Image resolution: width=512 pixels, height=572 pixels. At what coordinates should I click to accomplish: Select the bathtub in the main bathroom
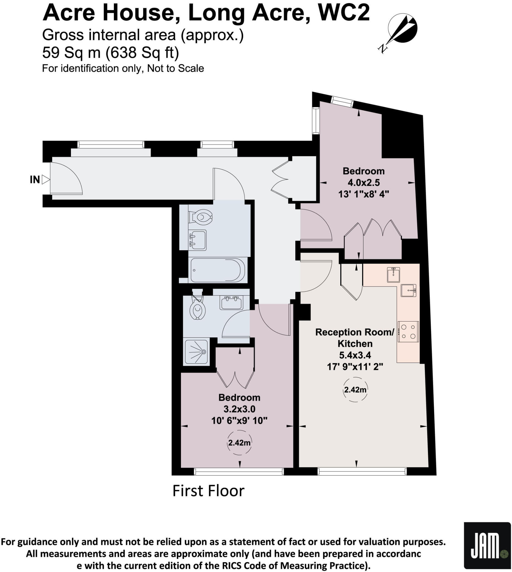(x=218, y=270)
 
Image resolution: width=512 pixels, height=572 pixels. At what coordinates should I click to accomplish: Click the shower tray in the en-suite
(x=196, y=352)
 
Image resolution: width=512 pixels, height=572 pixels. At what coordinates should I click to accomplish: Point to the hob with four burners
(x=408, y=332)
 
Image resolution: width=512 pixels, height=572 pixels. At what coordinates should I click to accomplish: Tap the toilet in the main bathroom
(x=201, y=217)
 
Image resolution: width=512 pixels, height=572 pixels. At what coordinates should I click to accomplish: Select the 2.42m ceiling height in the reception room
(x=355, y=390)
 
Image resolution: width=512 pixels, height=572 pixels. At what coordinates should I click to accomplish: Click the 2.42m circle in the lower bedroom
(x=239, y=443)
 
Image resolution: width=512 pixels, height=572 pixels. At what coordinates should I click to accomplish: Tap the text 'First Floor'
(x=208, y=491)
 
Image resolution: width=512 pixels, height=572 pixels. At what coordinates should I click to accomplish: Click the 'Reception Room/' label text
(x=355, y=332)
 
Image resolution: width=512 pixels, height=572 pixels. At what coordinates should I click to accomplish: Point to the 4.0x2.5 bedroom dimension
(x=363, y=183)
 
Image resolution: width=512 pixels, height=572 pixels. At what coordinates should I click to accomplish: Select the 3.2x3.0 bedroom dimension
(x=239, y=409)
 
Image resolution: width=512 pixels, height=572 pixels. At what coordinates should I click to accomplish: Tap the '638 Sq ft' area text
(x=142, y=52)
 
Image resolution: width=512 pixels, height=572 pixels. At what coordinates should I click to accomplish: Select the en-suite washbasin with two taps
(x=231, y=303)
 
